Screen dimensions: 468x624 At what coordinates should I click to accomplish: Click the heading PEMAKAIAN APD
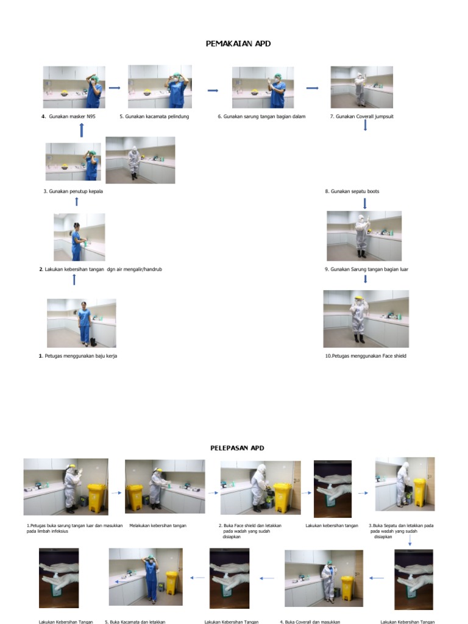pyautogui.click(x=238, y=44)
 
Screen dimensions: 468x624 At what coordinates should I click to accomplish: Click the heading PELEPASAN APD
pyautogui.click(x=237, y=448)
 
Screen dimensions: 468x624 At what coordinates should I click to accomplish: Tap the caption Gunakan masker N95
pyautogui.click(x=72, y=116)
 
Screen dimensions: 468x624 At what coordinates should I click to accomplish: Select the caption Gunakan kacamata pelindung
pyautogui.click(x=157, y=116)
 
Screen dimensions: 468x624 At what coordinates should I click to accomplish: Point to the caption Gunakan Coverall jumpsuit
pyautogui.click(x=364, y=116)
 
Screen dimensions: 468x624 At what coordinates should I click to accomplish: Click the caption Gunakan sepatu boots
pyautogui.click(x=355, y=191)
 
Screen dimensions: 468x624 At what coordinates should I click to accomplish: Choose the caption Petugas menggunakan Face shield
pyautogui.click(x=369, y=356)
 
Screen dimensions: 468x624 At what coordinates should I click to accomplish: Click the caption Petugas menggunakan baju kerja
pyautogui.click(x=81, y=356)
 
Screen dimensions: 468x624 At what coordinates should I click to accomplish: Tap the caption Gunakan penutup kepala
pyautogui.click(x=76, y=191)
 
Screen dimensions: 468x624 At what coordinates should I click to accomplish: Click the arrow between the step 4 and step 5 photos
pyautogui.click(x=115, y=88)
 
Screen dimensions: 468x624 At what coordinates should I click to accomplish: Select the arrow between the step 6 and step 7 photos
pyautogui.click(x=313, y=88)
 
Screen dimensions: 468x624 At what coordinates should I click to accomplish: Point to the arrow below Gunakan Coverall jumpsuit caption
pyautogui.click(x=365, y=125)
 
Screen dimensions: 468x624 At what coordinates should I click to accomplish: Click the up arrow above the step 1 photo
pyautogui.click(x=74, y=280)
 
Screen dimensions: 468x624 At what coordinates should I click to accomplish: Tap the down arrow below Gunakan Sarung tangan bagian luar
pyautogui.click(x=366, y=278)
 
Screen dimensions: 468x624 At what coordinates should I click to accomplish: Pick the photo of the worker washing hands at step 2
pyautogui.click(x=80, y=237)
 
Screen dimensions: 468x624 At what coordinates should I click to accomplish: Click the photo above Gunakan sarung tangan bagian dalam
pyautogui.click(x=263, y=87)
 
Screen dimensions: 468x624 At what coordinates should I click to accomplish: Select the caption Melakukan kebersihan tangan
pyautogui.click(x=158, y=526)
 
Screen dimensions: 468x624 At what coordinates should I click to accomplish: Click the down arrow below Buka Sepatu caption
pyautogui.click(x=410, y=541)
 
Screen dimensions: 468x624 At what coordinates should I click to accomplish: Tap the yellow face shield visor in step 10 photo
pyautogui.click(x=360, y=298)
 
